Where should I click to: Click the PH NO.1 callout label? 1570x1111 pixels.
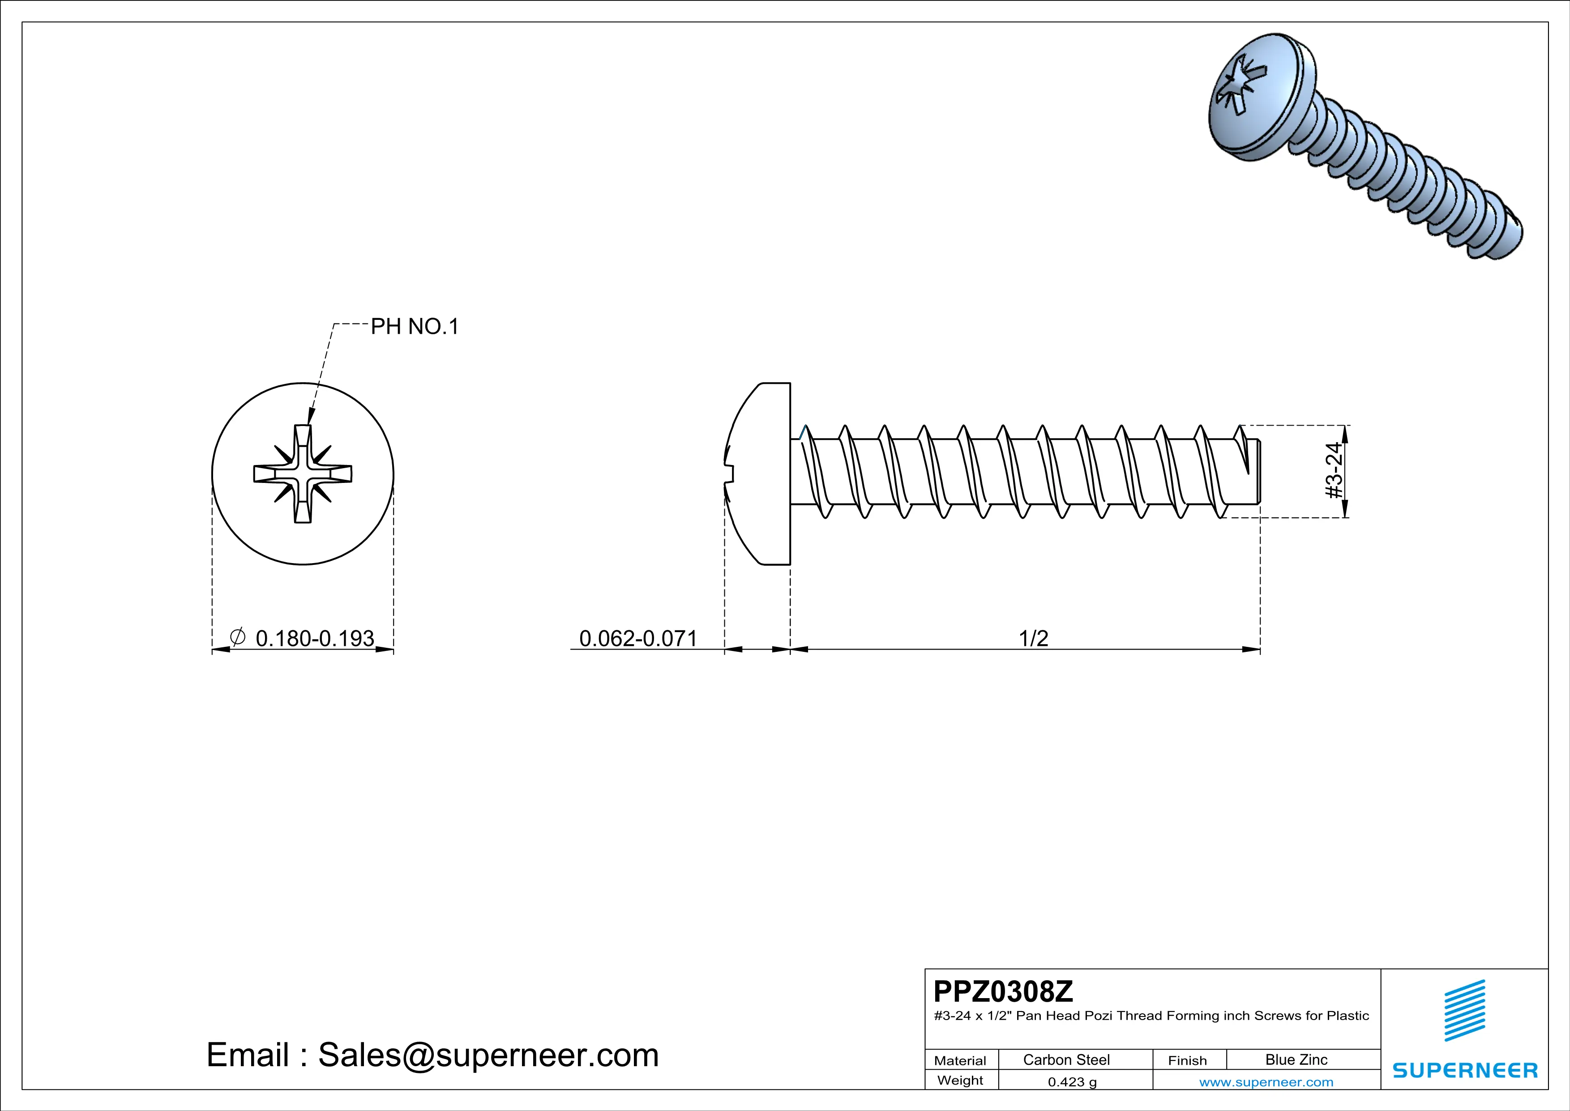[x=415, y=327]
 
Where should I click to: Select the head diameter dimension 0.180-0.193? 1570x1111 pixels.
[x=315, y=638]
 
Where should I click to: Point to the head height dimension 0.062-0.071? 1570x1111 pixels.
[x=637, y=638]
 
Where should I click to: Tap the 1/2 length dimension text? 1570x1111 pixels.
[x=1033, y=638]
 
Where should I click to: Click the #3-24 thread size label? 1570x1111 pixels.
[x=1334, y=471]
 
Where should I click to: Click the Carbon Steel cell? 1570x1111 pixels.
[x=1066, y=1059]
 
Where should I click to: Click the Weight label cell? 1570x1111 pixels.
[x=960, y=1080]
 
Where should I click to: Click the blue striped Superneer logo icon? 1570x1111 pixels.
[x=1464, y=1011]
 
